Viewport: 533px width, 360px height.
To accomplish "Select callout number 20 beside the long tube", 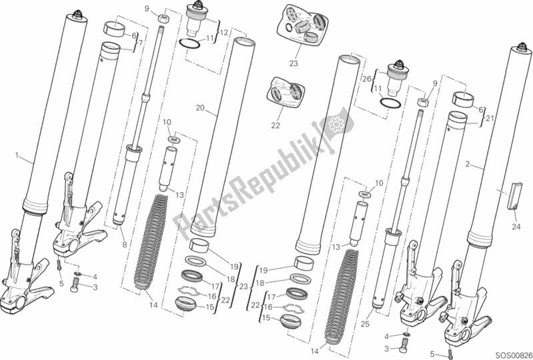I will coord(199,107).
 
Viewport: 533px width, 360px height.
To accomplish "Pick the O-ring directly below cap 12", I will coord(192,45).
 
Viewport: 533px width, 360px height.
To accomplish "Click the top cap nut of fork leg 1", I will coord(78,15).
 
